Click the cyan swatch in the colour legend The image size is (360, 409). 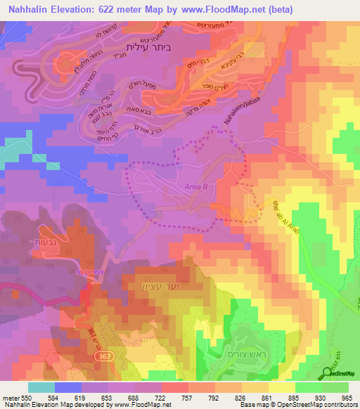pos(41,387)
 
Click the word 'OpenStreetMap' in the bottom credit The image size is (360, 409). pos(289,405)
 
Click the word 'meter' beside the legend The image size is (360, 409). pos(10,398)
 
